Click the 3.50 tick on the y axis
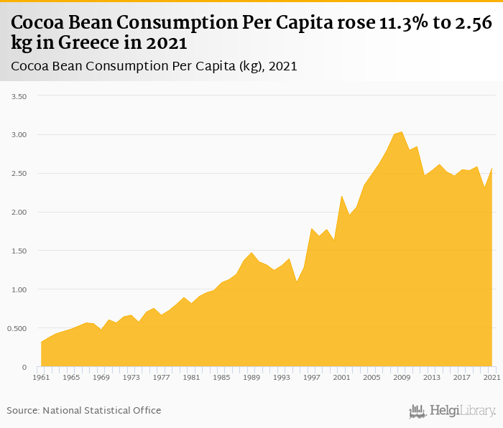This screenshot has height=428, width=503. pos(17,96)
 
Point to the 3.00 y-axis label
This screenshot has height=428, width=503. pos(17,135)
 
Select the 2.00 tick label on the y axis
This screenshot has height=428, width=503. pos(17,213)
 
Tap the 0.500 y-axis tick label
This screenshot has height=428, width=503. pos(15,329)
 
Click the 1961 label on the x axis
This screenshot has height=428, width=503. pos(41,377)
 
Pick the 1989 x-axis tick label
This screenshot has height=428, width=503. pos(251,377)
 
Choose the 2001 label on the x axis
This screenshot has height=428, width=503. pos(342,377)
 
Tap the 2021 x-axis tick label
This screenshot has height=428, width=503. pos(492,377)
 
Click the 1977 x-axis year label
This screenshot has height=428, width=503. pos(162,377)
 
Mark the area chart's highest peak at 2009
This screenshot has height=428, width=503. pos(402,132)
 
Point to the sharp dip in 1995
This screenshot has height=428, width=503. pos(297,282)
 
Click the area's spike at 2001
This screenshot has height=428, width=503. pos(342,195)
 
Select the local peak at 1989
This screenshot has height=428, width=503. pos(251,252)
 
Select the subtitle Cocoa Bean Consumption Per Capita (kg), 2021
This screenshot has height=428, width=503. pos(154,66)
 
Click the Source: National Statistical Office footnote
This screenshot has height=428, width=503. pos(84,410)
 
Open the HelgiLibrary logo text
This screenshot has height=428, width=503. pos(463,411)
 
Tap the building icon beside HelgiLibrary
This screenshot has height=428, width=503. pos(417,411)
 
